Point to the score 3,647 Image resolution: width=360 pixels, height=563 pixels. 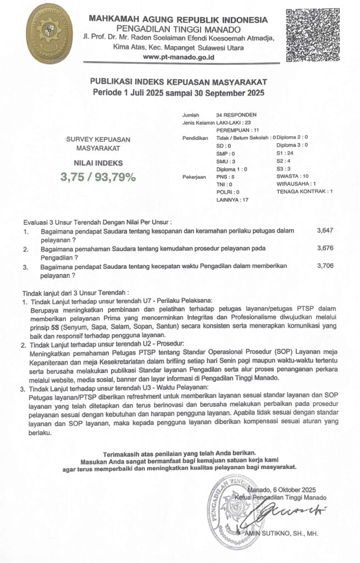click(325, 231)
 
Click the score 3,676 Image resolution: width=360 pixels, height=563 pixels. click(325, 249)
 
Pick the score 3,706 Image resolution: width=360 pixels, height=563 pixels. click(325, 266)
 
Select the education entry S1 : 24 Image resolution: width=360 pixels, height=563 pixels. click(285, 153)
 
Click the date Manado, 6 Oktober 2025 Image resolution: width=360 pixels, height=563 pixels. click(282, 489)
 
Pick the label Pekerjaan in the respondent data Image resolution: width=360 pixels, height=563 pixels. click(193, 177)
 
